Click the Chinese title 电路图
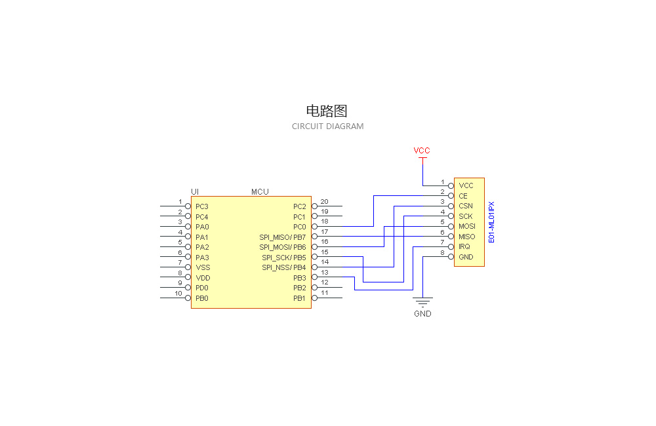pyautogui.click(x=327, y=111)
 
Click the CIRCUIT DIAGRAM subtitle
pyautogui.click(x=327, y=126)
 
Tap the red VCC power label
pyautogui.click(x=422, y=151)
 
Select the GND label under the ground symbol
pyautogui.click(x=422, y=314)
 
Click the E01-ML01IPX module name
pyautogui.click(x=492, y=222)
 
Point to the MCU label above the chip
pyautogui.click(x=260, y=191)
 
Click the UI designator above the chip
pyautogui.click(x=195, y=191)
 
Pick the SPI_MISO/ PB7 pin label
pyautogui.click(x=283, y=237)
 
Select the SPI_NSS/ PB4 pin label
pyautogui.click(x=284, y=267)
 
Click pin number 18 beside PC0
pyautogui.click(x=324, y=222)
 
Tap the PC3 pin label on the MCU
pyautogui.click(x=201, y=206)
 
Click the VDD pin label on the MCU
pyautogui.click(x=202, y=278)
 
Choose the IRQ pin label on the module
pyautogui.click(x=464, y=246)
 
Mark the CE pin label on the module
pyautogui.click(x=463, y=196)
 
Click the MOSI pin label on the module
pyautogui.click(x=466, y=226)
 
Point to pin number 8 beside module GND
pyautogui.click(x=442, y=252)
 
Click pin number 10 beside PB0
pyautogui.click(x=178, y=294)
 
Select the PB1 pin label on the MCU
pyautogui.click(x=300, y=298)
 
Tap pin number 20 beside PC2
pyautogui.click(x=324, y=201)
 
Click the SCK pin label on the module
pyautogui.click(x=465, y=216)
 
